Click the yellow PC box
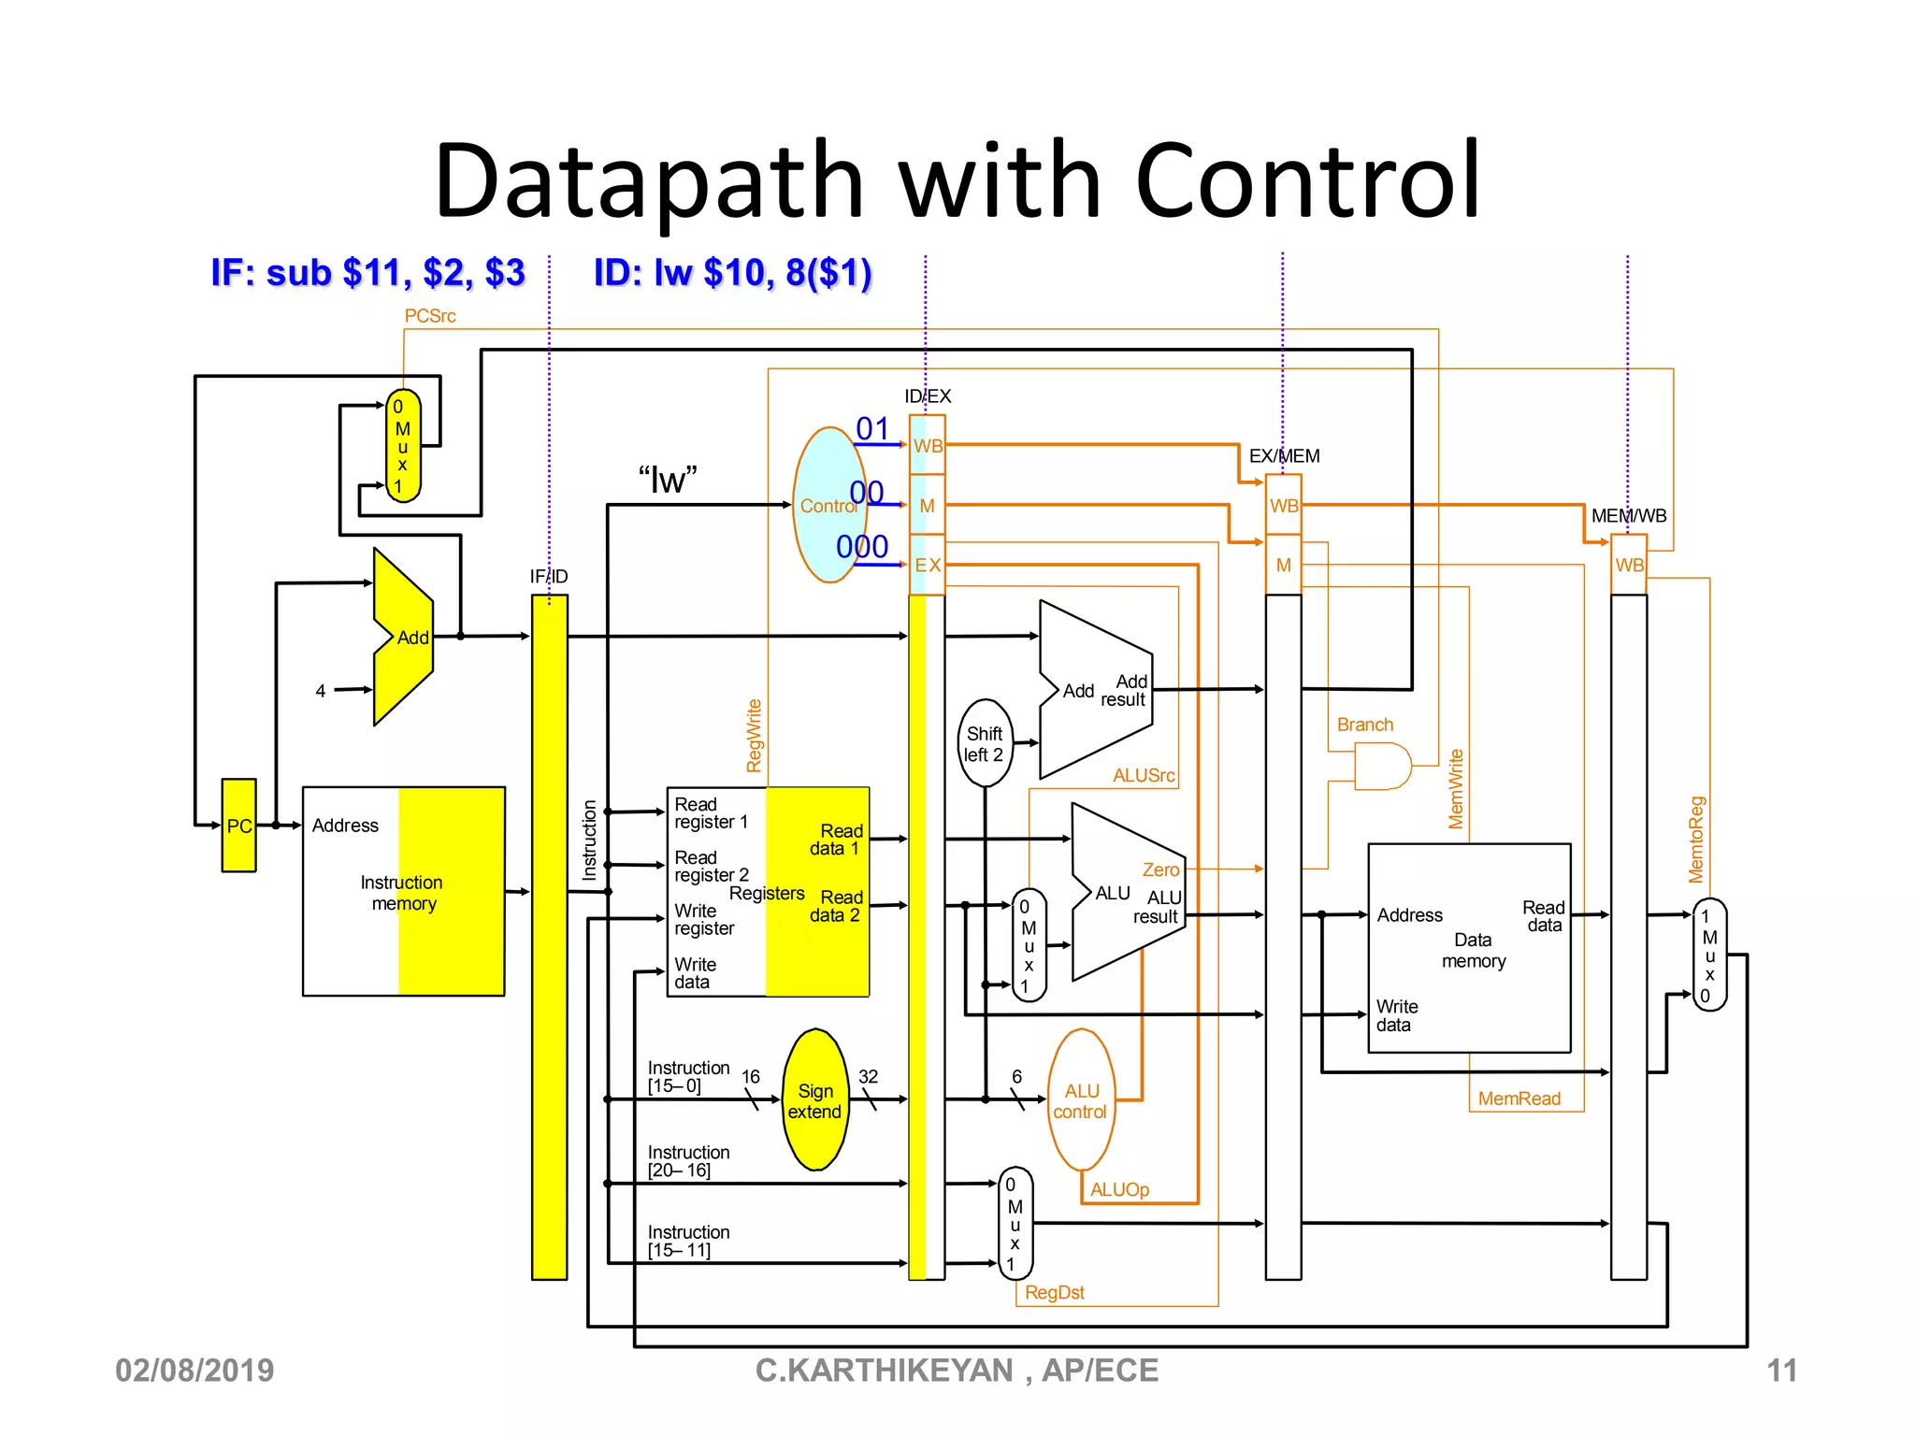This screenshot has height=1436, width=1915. pos(238,825)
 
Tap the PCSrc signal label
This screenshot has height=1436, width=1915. pos(429,316)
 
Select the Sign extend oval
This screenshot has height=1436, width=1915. pos(815,1100)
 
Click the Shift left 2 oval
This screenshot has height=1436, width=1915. pos(984,744)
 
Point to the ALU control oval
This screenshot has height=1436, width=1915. pos(1081,1100)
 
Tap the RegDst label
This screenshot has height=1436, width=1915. pos(1054,1292)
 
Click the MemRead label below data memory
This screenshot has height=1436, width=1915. pos(1519,1099)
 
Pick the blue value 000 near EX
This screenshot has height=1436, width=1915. pos(861,546)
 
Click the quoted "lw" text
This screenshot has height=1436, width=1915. pos(668,480)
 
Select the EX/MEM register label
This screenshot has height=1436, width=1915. pos(1284,455)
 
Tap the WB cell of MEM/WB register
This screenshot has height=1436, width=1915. pos(1628,565)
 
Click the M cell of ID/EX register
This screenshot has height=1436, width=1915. pos(927,506)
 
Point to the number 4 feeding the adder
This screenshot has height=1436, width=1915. pos(321,691)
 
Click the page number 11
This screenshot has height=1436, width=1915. pos(1780,1371)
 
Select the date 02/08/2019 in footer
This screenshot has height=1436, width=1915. pos(194,1371)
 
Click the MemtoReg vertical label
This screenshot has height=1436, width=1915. pos(1695,839)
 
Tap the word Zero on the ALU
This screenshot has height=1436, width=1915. pos(1160,869)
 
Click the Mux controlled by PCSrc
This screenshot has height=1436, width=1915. pos(403,446)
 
